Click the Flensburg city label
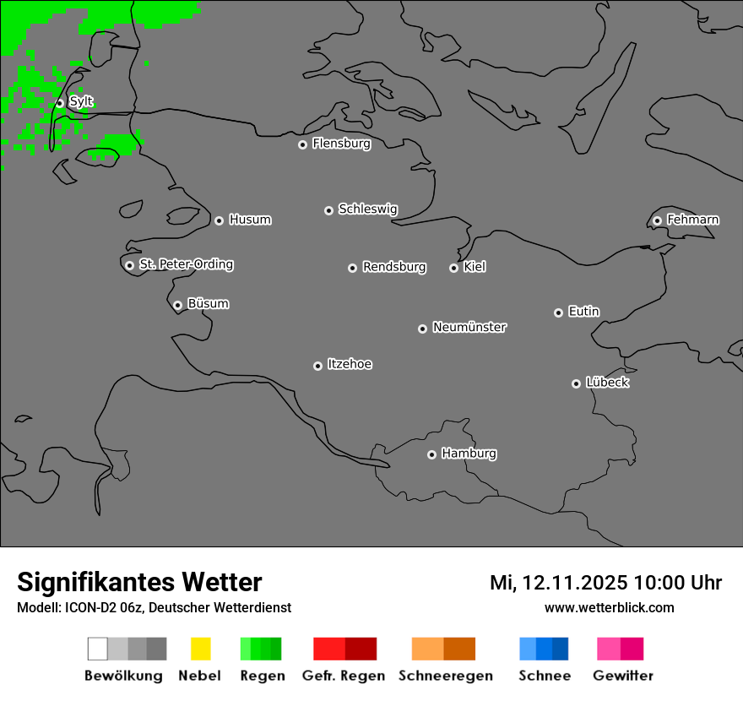point(341,144)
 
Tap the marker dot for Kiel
point(453,268)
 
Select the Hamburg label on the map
point(469,454)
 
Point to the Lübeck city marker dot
point(576,383)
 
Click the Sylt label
point(81,102)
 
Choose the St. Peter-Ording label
point(186,264)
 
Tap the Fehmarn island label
point(692,220)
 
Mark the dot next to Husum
point(219,220)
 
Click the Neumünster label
point(469,327)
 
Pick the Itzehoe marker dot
point(317,366)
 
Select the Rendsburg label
point(394,267)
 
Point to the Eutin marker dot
point(558,312)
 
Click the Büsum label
point(208,304)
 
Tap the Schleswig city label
point(367,209)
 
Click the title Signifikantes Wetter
point(139,582)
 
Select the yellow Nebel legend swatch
point(200,649)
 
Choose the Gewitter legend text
point(623,676)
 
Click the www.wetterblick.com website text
point(609,607)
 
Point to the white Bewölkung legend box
point(98,649)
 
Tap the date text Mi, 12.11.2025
point(558,583)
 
